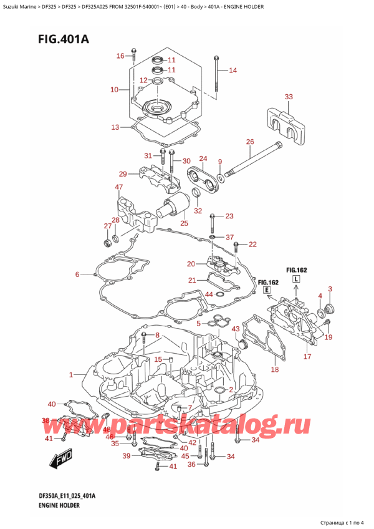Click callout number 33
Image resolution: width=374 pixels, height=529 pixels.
click(288, 97)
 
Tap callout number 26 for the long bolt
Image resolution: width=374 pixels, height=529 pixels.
click(250, 142)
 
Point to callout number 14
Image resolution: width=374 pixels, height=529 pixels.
click(233, 70)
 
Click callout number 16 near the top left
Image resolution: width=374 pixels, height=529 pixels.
click(120, 57)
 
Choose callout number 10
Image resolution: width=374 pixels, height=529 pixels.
click(114, 90)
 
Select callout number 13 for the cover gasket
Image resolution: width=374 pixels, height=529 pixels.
click(115, 128)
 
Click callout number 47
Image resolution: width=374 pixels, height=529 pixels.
click(118, 187)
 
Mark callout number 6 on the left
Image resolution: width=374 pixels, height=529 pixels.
click(77, 274)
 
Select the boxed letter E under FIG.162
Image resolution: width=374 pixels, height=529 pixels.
click(267, 291)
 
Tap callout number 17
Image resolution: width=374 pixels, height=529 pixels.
click(307, 357)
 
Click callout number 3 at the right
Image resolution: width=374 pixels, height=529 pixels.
click(330, 288)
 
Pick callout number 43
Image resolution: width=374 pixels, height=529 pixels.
click(236, 329)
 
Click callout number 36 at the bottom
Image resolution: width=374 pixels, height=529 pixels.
click(191, 464)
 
